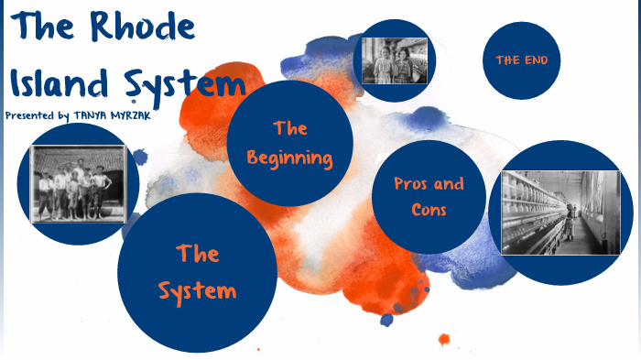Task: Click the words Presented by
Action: point(37,116)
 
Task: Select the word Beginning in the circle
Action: point(290,158)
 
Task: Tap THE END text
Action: point(521,60)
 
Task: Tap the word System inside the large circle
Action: point(197,291)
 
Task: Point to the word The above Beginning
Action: point(290,128)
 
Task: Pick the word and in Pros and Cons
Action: point(449,184)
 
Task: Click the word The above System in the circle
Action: point(197,253)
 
